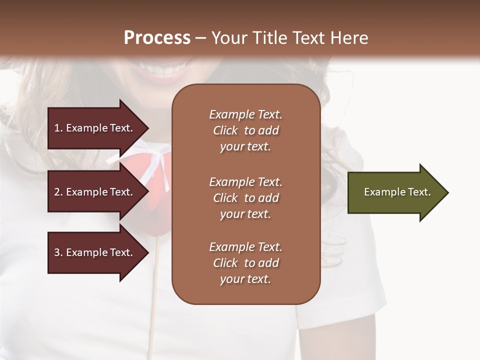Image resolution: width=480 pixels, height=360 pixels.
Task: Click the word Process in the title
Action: [157, 38]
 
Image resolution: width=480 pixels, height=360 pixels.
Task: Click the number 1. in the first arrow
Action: [58, 128]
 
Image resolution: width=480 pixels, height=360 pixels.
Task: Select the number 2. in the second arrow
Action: [58, 192]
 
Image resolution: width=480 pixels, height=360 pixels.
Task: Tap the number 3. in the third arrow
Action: [58, 252]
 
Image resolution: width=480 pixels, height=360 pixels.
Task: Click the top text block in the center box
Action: [245, 130]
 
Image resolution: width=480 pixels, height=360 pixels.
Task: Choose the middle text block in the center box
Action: [245, 197]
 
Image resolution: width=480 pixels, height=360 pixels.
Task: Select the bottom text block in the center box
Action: [245, 263]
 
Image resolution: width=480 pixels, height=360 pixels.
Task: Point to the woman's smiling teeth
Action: [160, 66]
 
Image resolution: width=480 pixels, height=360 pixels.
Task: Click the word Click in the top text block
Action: [225, 130]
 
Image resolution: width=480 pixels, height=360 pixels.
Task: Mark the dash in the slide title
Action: [200, 38]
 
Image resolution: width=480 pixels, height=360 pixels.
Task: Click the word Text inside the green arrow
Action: [419, 192]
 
